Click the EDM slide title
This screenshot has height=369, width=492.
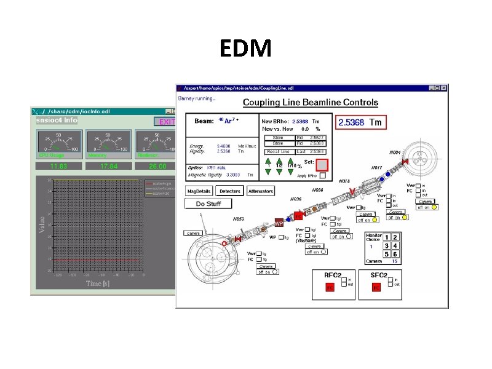[245, 48]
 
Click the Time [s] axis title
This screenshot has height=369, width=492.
[102, 284]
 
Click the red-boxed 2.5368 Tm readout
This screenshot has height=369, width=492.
[360, 122]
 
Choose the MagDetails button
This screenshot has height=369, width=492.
[199, 192]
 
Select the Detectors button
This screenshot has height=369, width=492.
[230, 192]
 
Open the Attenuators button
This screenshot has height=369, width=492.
[261, 192]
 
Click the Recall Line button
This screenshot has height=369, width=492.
[278, 151]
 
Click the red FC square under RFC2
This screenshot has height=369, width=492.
[330, 287]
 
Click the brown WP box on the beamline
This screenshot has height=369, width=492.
[279, 224]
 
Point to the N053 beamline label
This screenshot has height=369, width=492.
[237, 219]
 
